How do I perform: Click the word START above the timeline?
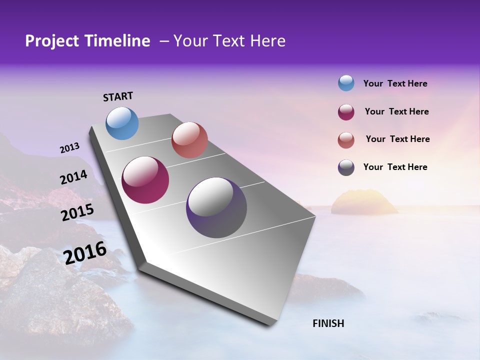(x=118, y=96)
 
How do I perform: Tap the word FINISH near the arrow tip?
(x=328, y=323)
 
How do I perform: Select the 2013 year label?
(x=69, y=148)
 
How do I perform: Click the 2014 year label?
(x=73, y=177)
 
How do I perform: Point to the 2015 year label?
(x=77, y=212)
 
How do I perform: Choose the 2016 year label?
(x=85, y=253)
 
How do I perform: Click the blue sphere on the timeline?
(x=122, y=123)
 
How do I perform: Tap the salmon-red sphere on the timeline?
(x=189, y=140)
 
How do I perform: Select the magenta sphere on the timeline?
(x=145, y=180)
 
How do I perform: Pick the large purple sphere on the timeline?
(x=216, y=207)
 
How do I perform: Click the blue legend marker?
(x=346, y=83)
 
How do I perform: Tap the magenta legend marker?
(x=346, y=112)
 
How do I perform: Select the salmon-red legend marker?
(x=346, y=140)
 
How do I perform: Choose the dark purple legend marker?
(x=346, y=167)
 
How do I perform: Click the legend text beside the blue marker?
(x=395, y=83)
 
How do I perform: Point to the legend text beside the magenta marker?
(x=396, y=111)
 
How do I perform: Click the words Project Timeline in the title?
(x=87, y=41)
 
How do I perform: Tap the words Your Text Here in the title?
(x=229, y=41)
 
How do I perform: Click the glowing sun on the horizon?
(x=364, y=202)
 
